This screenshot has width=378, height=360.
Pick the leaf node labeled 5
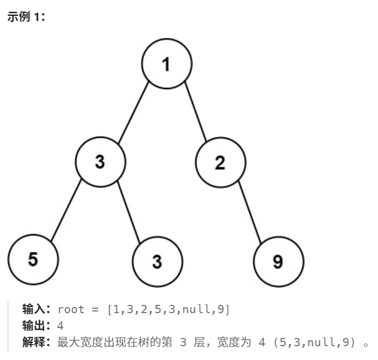point(33,259)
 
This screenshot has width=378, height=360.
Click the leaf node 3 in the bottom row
point(157,261)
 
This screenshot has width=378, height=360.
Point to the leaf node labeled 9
point(278,261)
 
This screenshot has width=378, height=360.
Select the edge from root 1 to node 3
point(134,112)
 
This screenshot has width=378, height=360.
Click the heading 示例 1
point(26,17)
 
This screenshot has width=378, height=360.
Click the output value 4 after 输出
point(60,326)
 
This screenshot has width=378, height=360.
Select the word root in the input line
point(71,309)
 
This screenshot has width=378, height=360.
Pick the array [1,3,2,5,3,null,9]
point(168,309)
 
